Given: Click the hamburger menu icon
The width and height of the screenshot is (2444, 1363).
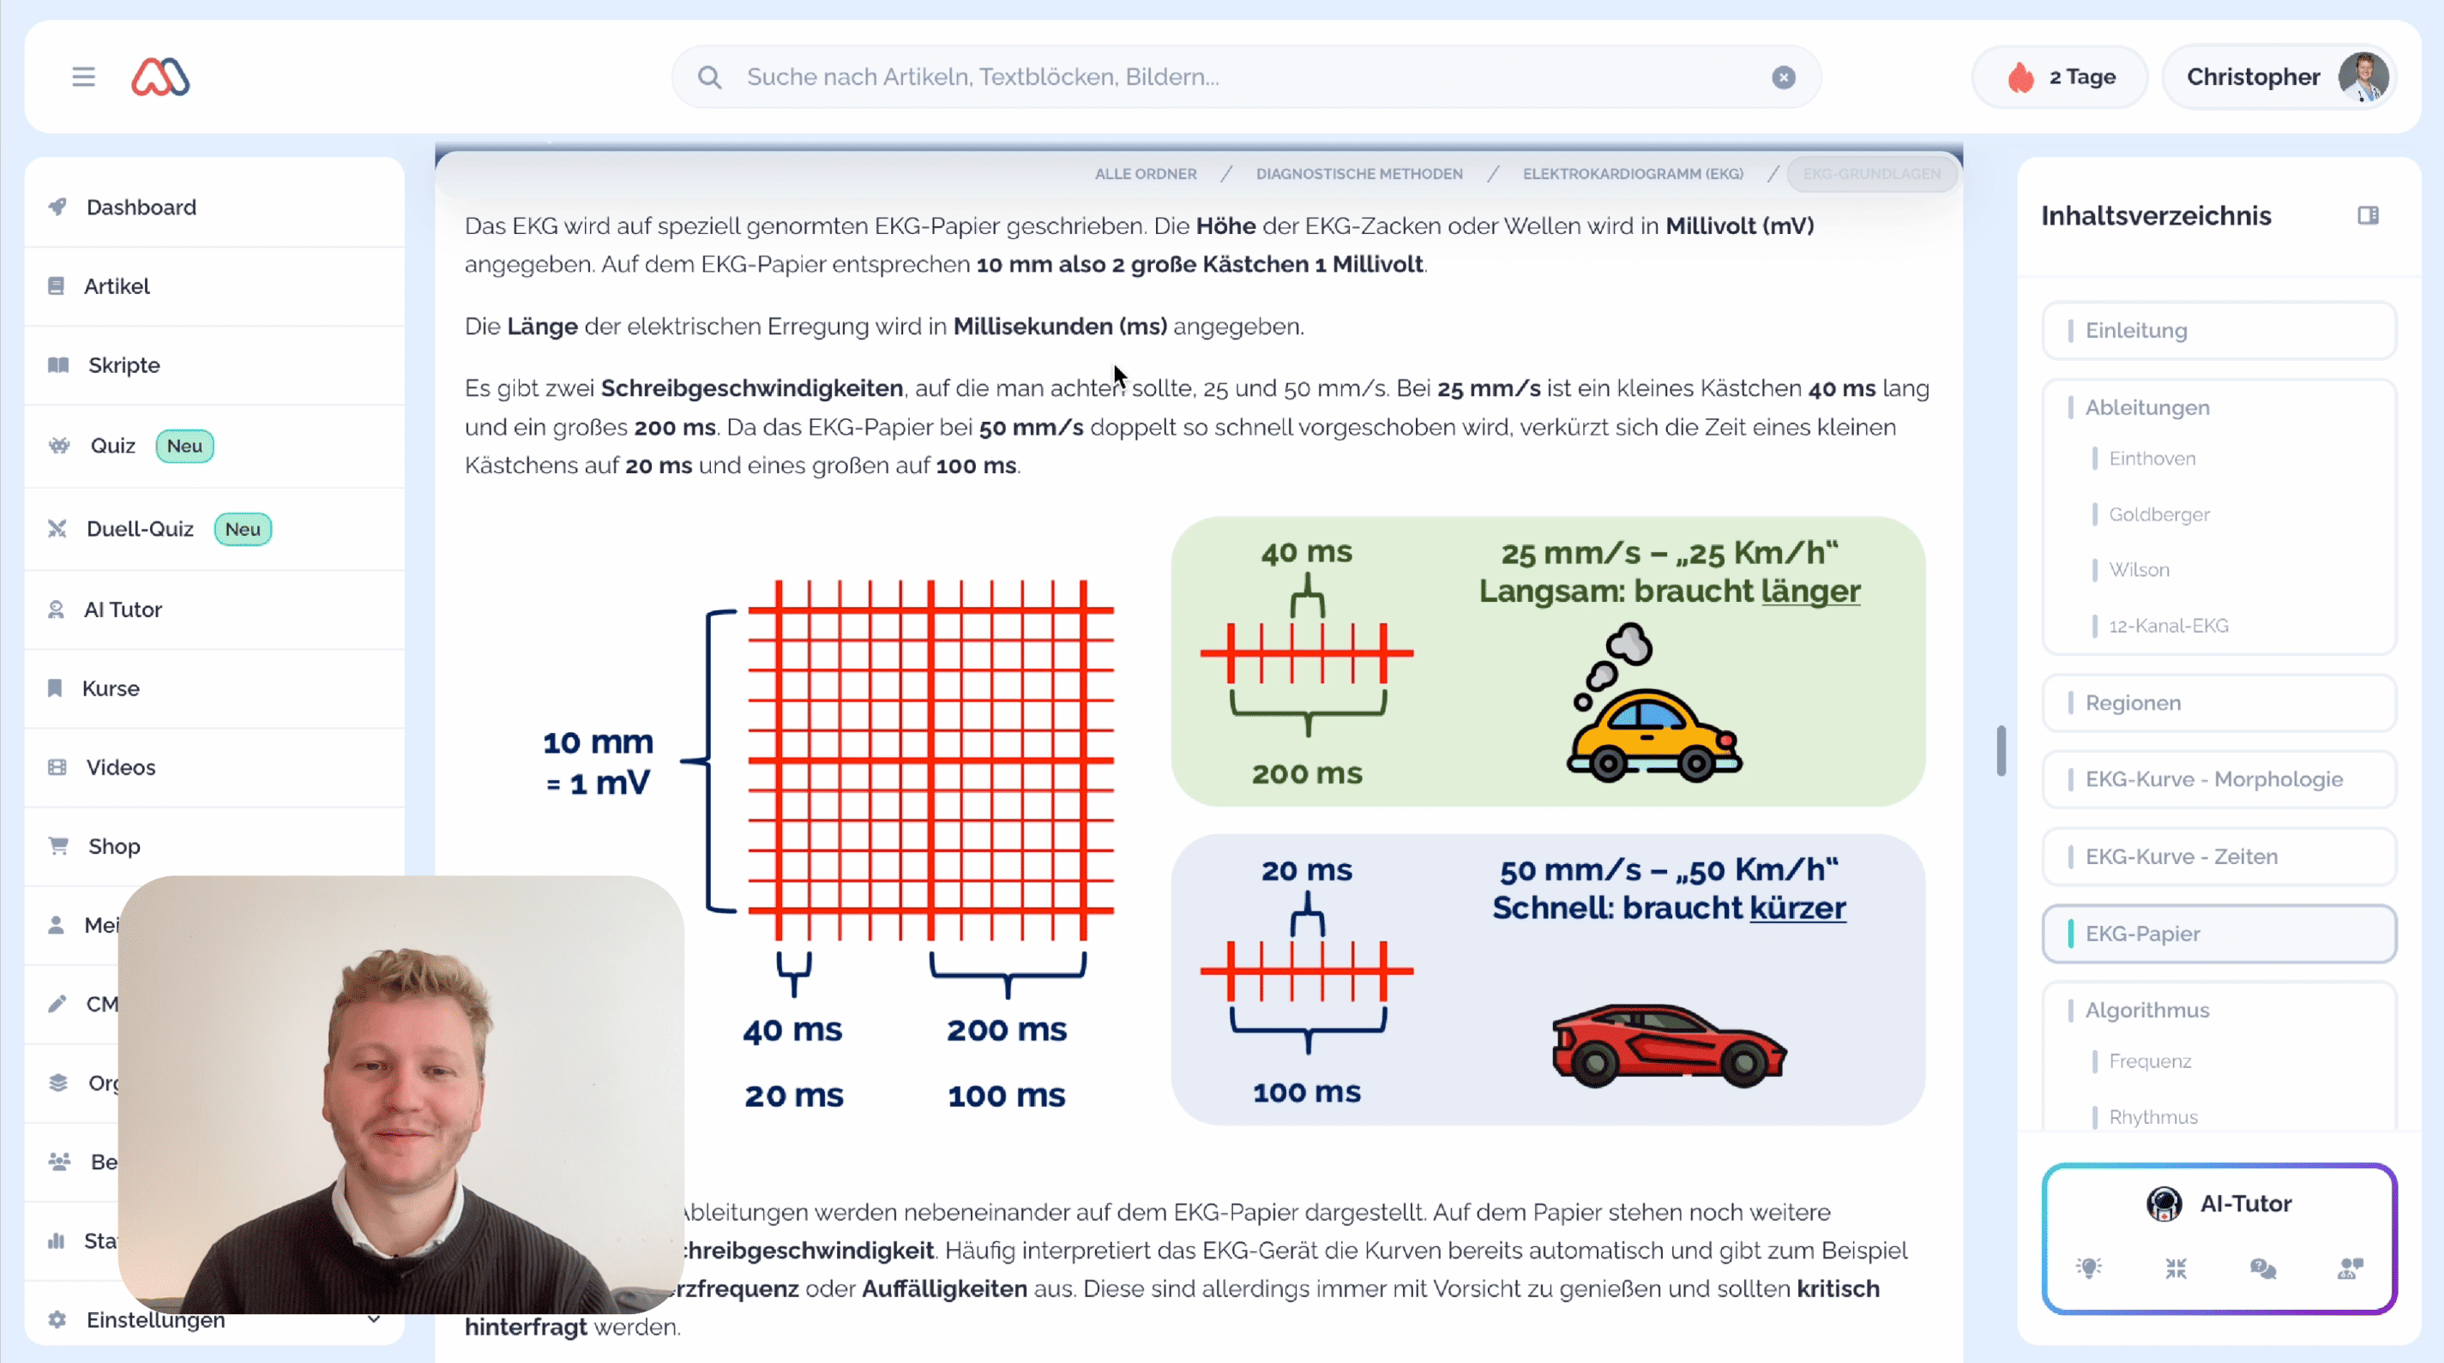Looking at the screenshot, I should click(x=83, y=77).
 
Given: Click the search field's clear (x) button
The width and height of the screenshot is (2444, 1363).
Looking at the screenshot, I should click(x=1783, y=78).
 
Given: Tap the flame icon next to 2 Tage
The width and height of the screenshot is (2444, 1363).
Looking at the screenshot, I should click(x=2020, y=78).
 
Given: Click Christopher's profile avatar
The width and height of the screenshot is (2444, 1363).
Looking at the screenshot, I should click(x=2363, y=77).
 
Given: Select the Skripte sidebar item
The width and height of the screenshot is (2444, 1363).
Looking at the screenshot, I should click(x=123, y=365).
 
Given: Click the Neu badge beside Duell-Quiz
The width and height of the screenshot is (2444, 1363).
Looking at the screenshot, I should click(x=243, y=529).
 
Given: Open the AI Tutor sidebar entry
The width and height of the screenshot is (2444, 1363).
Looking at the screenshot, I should click(x=123, y=609).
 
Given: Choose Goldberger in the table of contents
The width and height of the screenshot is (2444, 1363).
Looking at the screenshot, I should click(x=2158, y=514).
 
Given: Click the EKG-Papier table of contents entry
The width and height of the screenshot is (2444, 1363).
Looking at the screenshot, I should click(x=2141, y=934).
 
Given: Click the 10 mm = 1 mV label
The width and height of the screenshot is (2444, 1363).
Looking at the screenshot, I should click(x=598, y=761).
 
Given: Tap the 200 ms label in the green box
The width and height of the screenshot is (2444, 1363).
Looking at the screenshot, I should click(x=1306, y=774).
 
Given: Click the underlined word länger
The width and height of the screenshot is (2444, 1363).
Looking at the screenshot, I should click(x=1809, y=591).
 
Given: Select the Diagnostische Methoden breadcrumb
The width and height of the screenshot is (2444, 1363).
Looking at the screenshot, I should click(x=1358, y=173).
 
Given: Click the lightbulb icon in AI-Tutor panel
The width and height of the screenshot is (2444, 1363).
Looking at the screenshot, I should click(x=2088, y=1268).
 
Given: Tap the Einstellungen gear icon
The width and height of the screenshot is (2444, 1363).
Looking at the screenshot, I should click(x=57, y=1319).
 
